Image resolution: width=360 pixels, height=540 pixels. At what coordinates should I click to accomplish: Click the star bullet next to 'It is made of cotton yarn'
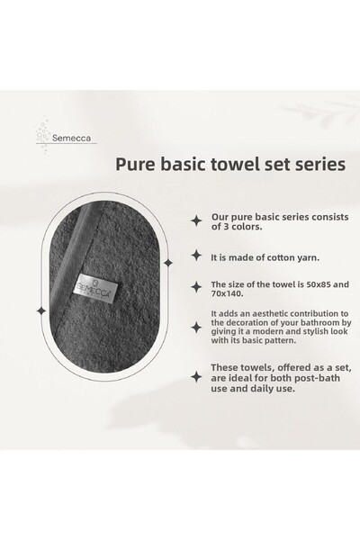(196, 256)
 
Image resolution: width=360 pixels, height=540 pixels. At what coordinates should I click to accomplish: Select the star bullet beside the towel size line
(196, 286)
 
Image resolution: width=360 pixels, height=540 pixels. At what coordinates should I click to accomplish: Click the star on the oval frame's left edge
(40, 310)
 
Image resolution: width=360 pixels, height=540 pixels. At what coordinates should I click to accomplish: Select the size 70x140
(227, 294)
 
